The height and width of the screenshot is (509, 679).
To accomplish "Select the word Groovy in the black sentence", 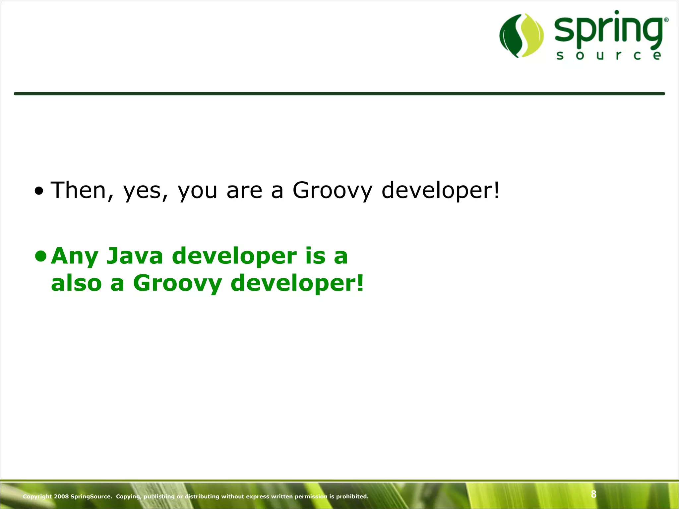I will tap(332, 191).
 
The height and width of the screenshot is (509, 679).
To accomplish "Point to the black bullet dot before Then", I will tap(39, 191).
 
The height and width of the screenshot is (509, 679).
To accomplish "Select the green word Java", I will tap(135, 256).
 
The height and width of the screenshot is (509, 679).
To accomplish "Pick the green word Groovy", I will tap(177, 284).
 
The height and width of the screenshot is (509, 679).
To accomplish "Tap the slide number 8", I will tap(593, 494).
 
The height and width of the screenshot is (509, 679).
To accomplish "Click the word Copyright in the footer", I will tap(37, 496).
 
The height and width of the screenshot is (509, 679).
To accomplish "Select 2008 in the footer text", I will tap(61, 496).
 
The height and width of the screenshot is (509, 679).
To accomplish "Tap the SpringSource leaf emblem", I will tap(522, 35).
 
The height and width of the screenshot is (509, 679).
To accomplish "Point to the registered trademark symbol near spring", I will tap(666, 20).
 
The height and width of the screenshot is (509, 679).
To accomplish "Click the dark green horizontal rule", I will tap(339, 94).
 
